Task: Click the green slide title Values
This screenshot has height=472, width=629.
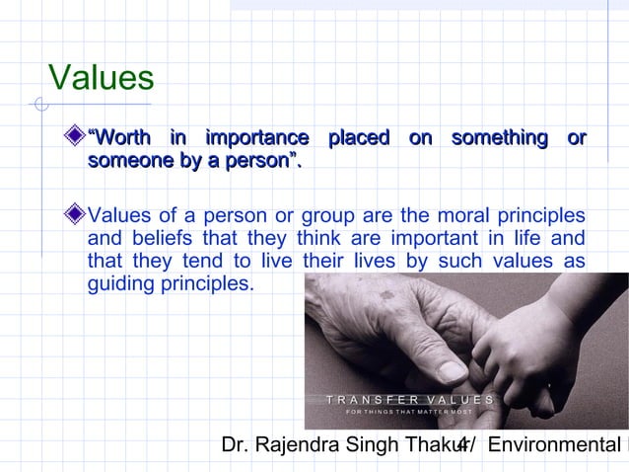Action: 102,77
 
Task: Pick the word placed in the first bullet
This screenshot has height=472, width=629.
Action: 359,138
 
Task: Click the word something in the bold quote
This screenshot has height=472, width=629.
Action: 499,138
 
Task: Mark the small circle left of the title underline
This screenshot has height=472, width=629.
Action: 39,103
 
